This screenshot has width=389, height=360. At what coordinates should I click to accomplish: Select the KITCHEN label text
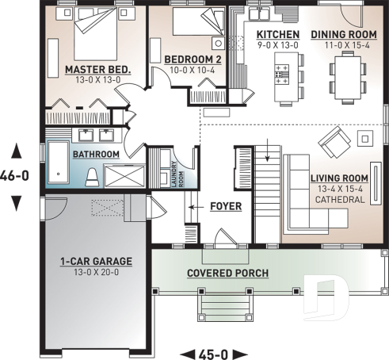278,35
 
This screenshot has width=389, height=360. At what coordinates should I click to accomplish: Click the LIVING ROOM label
339,178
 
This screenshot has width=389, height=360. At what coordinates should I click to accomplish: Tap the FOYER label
226,207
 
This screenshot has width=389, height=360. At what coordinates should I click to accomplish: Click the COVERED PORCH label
227,274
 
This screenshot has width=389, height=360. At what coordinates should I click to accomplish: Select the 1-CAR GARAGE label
95,261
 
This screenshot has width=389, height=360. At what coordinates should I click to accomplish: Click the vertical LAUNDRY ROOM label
174,168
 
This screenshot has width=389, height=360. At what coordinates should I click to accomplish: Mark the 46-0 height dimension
16,176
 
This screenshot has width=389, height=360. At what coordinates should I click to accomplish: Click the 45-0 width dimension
215,352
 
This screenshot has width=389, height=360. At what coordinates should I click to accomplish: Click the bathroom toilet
92,176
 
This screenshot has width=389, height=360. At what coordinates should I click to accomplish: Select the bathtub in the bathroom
59,163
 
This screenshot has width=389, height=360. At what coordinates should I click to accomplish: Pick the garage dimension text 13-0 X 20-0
95,273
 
